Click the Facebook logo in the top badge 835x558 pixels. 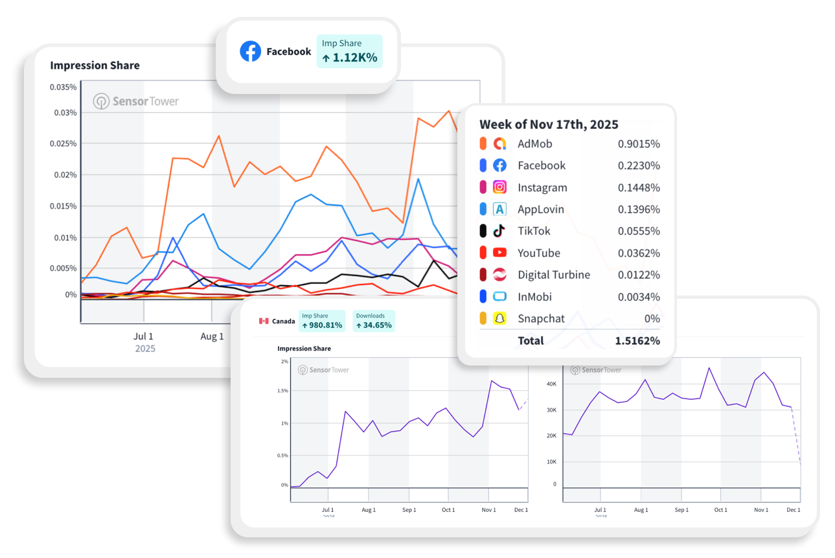(250, 51)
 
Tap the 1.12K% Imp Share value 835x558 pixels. (350, 58)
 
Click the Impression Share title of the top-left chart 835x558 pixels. (95, 65)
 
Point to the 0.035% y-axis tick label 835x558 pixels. (63, 87)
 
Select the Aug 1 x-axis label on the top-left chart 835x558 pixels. (212, 336)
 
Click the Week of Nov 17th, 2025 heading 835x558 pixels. (549, 124)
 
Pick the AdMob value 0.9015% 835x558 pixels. (639, 144)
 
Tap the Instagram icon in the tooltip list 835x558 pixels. (499, 187)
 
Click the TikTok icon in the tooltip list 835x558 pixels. (499, 231)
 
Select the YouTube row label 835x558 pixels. (538, 253)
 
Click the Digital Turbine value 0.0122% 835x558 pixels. (639, 275)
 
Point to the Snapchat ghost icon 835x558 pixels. (499, 319)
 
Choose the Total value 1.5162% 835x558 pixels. (637, 341)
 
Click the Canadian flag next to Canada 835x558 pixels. (264, 321)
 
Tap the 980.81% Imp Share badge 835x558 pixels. (322, 321)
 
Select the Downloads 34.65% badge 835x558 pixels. (374, 321)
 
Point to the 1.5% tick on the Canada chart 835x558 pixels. (282, 391)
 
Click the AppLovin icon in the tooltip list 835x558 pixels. (499, 209)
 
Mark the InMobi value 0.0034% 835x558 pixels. (639, 297)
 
